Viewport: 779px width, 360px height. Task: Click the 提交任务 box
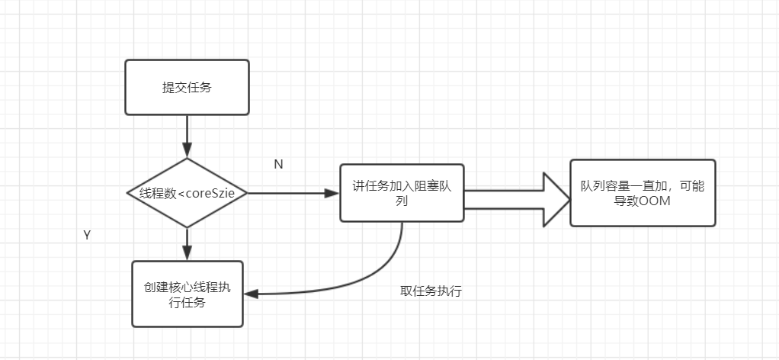pyautogui.click(x=187, y=88)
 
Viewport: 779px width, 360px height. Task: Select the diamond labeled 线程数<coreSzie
pyautogui.click(x=187, y=193)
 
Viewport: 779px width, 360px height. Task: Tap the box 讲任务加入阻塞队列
pyautogui.click(x=402, y=193)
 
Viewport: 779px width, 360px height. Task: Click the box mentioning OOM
pyautogui.click(x=643, y=193)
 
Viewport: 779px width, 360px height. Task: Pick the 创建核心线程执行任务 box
pyautogui.click(x=187, y=294)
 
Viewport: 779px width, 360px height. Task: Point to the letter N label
pyautogui.click(x=278, y=165)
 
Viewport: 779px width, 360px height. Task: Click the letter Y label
pyautogui.click(x=87, y=236)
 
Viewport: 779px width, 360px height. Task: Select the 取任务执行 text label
pyautogui.click(x=431, y=291)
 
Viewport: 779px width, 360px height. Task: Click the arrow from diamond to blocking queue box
pyautogui.click(x=293, y=193)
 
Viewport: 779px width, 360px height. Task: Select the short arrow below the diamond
pyautogui.click(x=187, y=244)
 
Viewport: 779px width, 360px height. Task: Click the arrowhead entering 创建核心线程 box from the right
pyautogui.click(x=250, y=294)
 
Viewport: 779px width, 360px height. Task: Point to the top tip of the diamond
pyautogui.click(x=187, y=159)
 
